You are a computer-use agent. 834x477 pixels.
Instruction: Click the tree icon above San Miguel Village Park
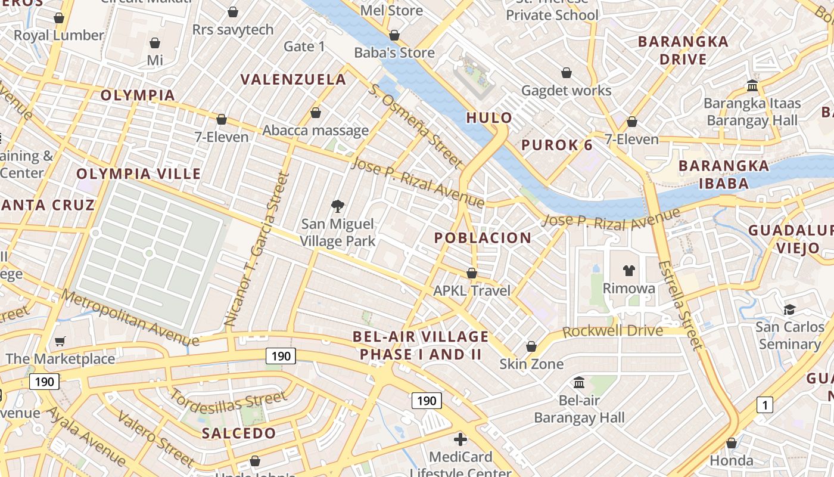pyautogui.click(x=338, y=206)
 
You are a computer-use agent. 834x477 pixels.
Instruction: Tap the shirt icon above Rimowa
pyautogui.click(x=628, y=271)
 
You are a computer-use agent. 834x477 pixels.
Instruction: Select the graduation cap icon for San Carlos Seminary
pyautogui.click(x=789, y=309)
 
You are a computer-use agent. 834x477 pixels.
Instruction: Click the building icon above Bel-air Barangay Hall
pyautogui.click(x=578, y=382)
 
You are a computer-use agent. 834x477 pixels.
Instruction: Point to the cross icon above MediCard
pyautogui.click(x=460, y=439)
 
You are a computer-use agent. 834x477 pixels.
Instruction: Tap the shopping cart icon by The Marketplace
pyautogui.click(x=60, y=341)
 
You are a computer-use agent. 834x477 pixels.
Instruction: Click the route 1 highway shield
pyautogui.click(x=764, y=405)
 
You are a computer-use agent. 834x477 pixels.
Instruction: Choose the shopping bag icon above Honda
pyautogui.click(x=731, y=443)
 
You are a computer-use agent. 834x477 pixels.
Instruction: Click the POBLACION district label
pyautogui.click(x=483, y=238)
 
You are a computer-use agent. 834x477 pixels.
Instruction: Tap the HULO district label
pyautogui.click(x=489, y=117)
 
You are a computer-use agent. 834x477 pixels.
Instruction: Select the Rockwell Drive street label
pyautogui.click(x=612, y=331)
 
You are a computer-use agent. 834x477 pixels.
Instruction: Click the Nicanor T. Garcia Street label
pyautogui.click(x=257, y=249)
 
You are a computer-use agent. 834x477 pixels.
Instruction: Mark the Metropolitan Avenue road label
pyautogui.click(x=130, y=317)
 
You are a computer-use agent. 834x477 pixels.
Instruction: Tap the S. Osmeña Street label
pyautogui.click(x=415, y=125)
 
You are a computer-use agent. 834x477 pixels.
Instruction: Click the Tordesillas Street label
pyautogui.click(x=229, y=401)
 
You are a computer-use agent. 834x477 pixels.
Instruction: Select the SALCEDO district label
pyautogui.click(x=239, y=433)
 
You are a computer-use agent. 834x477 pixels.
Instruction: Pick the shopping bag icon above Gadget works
pyautogui.click(x=566, y=73)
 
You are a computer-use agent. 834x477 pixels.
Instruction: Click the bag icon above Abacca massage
pyautogui.click(x=316, y=113)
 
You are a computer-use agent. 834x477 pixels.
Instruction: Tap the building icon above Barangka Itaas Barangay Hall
pyautogui.click(x=752, y=86)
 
